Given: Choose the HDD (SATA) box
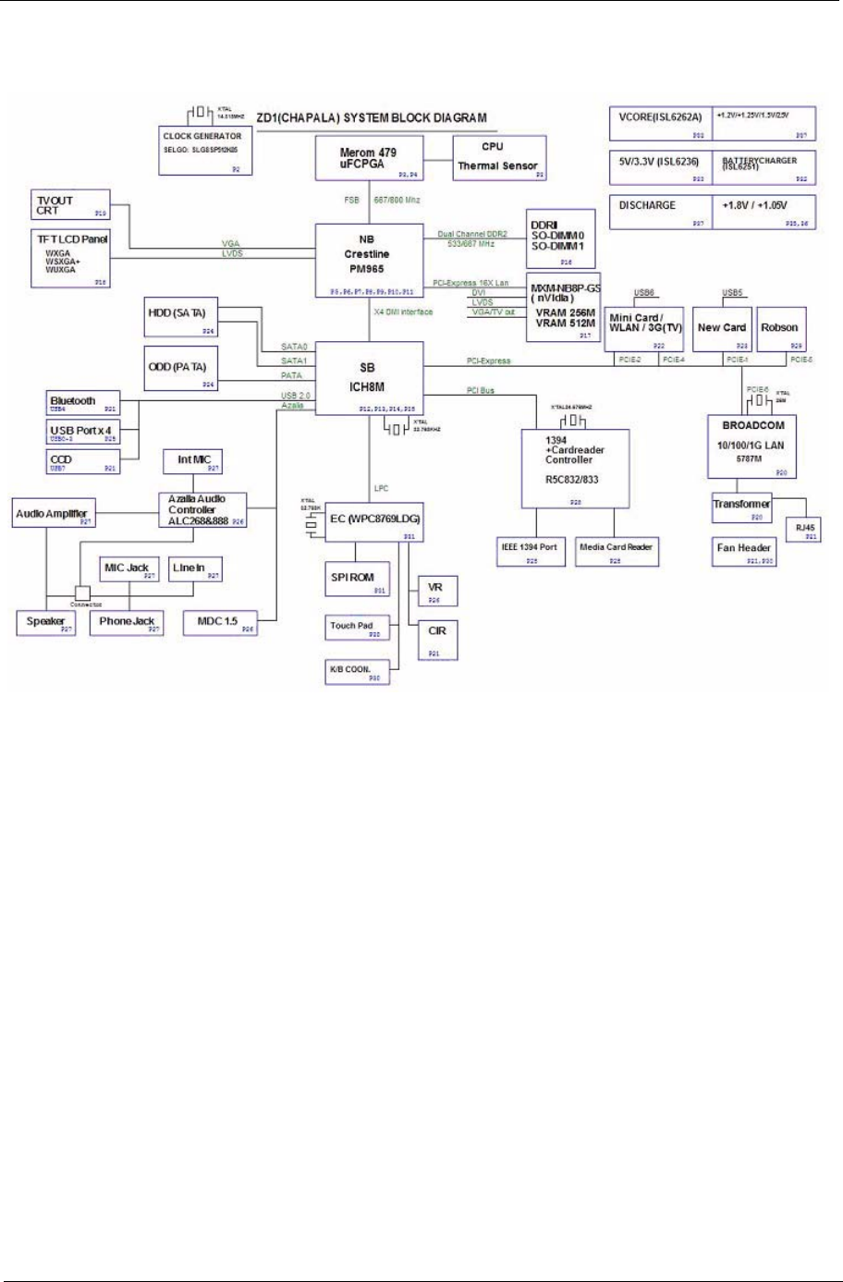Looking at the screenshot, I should coord(182,317).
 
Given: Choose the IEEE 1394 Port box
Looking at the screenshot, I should coord(530,550).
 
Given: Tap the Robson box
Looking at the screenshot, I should coord(779,330).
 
